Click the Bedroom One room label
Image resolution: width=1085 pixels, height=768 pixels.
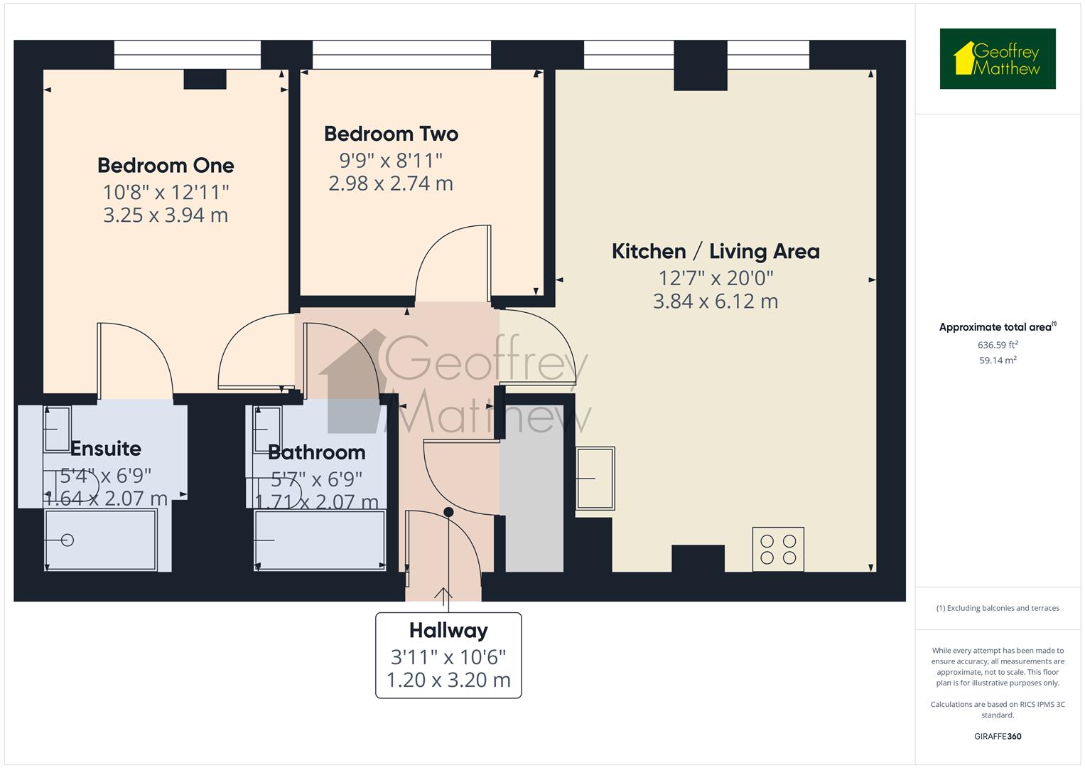tap(166, 166)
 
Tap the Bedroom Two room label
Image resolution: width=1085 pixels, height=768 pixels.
tap(391, 134)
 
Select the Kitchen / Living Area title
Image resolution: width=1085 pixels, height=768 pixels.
tap(716, 251)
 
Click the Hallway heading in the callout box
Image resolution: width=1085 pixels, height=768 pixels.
tap(448, 631)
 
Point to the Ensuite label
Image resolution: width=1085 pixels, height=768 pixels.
tap(106, 449)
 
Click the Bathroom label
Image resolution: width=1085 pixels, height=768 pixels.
tap(317, 452)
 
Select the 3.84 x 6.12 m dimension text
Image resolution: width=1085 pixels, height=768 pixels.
tap(716, 302)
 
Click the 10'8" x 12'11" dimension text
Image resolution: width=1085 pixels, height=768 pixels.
tap(166, 192)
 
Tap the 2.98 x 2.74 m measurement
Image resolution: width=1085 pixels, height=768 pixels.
tap(391, 183)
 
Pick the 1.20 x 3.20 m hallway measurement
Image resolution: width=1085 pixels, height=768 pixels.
tap(448, 680)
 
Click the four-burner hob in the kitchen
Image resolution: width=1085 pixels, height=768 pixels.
tap(778, 549)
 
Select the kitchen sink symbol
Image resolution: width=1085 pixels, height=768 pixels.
tap(595, 478)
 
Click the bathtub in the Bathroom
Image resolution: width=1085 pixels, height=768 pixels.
tap(320, 540)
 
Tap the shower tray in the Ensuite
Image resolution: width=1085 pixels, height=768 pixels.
tap(100, 540)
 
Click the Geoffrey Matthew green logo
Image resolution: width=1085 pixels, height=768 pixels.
tap(997, 59)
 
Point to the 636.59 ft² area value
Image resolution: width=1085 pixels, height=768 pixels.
tap(997, 345)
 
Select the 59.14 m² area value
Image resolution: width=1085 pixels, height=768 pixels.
tap(997, 361)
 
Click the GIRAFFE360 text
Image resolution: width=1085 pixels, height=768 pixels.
tap(997, 736)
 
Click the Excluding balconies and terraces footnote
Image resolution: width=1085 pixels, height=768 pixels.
tap(997, 608)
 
